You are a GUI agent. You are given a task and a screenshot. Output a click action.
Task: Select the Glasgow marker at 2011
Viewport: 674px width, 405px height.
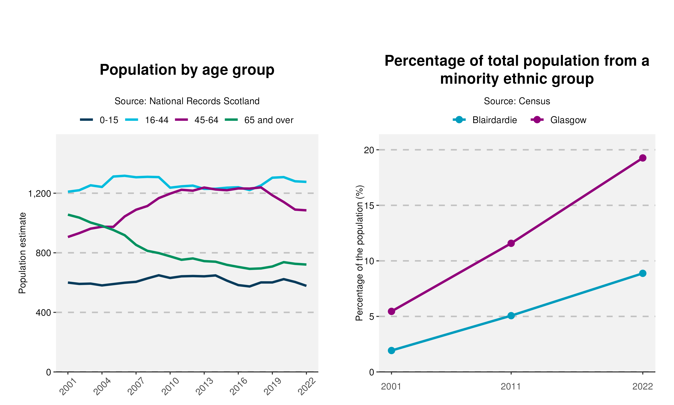point(511,243)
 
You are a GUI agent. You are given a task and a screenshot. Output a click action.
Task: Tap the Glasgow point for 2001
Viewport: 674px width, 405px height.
point(392,311)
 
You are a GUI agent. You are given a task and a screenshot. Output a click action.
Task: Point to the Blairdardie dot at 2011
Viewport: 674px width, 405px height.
point(511,316)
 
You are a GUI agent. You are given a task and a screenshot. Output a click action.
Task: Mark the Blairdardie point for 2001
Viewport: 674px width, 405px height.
point(392,350)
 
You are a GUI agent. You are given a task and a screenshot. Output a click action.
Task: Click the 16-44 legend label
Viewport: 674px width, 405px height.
point(156,120)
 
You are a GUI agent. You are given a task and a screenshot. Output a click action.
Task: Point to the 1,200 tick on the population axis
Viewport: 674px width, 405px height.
point(40,194)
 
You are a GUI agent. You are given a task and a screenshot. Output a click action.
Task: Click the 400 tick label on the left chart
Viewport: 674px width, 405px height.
point(43,313)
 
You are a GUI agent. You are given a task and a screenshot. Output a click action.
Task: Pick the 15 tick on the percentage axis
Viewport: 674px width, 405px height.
point(369,205)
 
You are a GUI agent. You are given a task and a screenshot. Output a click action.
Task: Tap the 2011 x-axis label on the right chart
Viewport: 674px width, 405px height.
point(511,387)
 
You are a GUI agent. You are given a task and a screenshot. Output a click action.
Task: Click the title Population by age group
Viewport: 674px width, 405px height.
point(187,70)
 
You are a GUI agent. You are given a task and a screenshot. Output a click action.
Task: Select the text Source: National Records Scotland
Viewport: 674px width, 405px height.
point(187,101)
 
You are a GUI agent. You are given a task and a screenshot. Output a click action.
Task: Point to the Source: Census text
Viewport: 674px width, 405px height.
point(517,101)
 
